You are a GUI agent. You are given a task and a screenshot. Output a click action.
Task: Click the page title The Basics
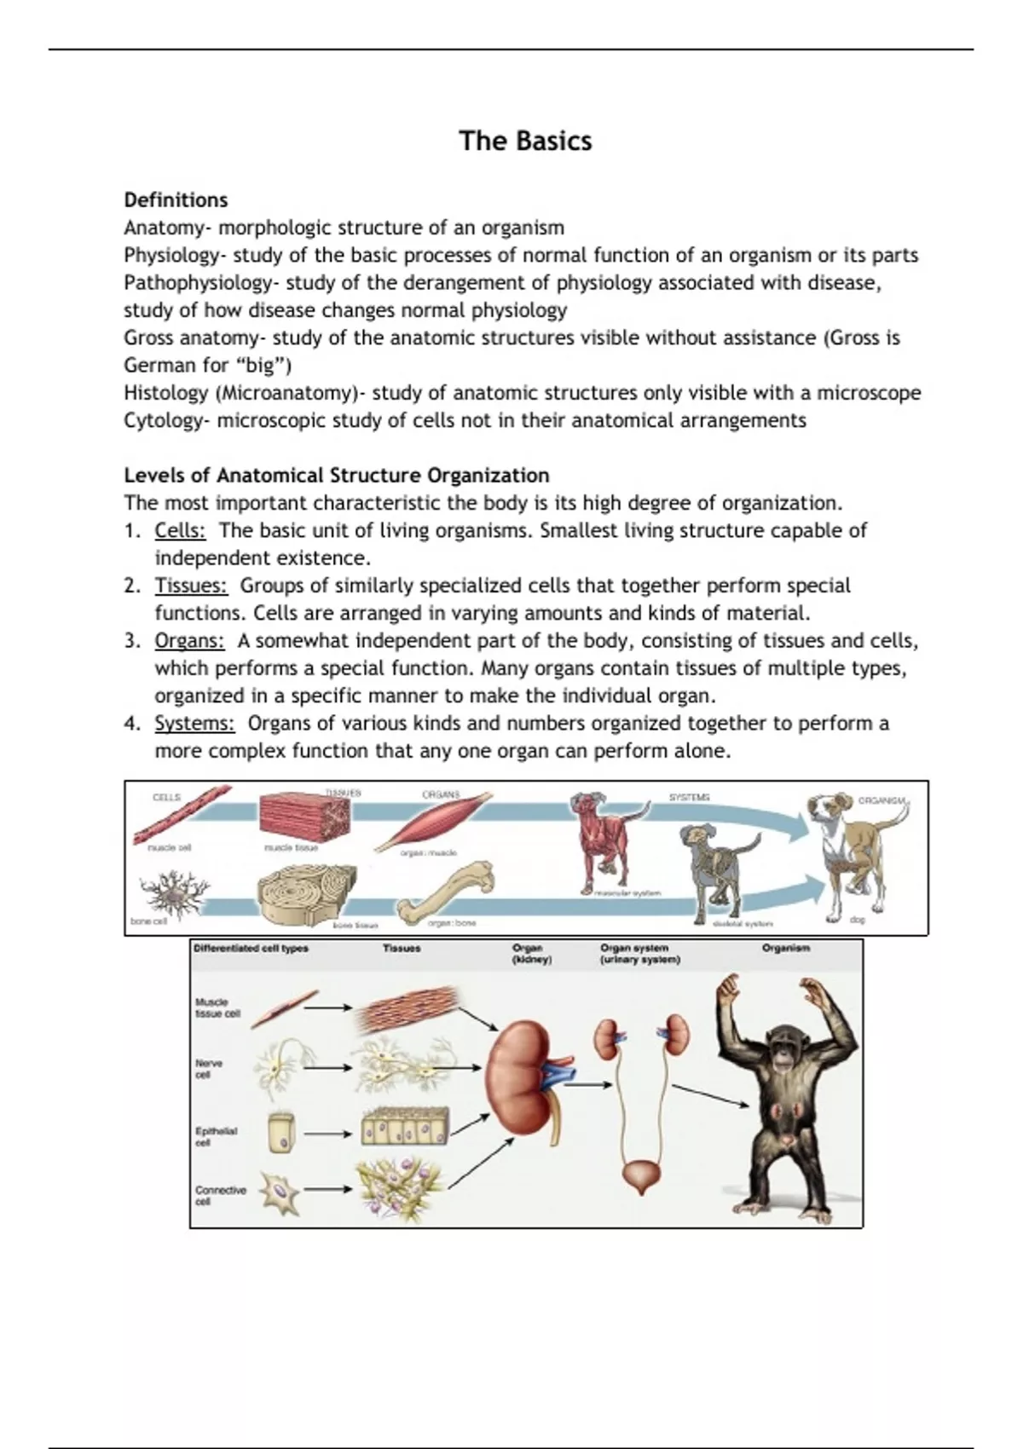[525, 141]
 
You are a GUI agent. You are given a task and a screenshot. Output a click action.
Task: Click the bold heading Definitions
[176, 200]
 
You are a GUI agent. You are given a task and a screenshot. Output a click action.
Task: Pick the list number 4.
[131, 724]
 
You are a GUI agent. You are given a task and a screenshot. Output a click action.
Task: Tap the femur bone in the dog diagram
[446, 892]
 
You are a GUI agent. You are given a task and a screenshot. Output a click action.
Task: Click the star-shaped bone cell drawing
[176, 892]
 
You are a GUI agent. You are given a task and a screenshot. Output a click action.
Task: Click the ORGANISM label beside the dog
[881, 801]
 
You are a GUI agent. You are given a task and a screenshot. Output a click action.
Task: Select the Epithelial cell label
[215, 1137]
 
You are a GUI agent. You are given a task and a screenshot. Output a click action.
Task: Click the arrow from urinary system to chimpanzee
[710, 1097]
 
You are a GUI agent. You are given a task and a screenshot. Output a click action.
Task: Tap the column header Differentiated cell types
[251, 949]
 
